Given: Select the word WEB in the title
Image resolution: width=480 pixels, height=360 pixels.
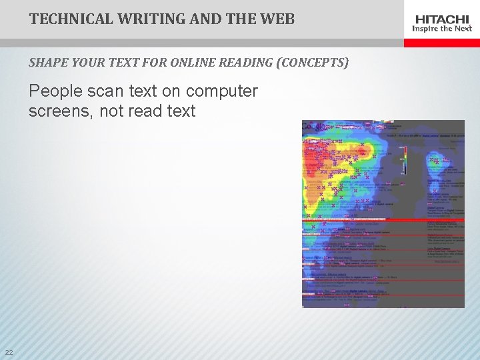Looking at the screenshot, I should pyautogui.click(x=277, y=19).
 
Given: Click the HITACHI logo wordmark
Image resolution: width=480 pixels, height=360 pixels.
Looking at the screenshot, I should pyautogui.click(x=442, y=19).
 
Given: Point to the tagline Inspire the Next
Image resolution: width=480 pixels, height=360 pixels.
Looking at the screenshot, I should pyautogui.click(x=442, y=29).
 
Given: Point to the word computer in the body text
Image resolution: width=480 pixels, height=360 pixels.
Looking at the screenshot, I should pyautogui.click(x=222, y=91).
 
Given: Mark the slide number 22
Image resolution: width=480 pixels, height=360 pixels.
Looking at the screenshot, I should pyautogui.click(x=9, y=352).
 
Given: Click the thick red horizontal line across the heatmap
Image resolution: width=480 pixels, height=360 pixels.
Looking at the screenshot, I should pyautogui.click(x=383, y=219).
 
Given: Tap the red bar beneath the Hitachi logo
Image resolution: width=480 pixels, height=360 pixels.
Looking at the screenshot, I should pyautogui.click(x=442, y=43).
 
